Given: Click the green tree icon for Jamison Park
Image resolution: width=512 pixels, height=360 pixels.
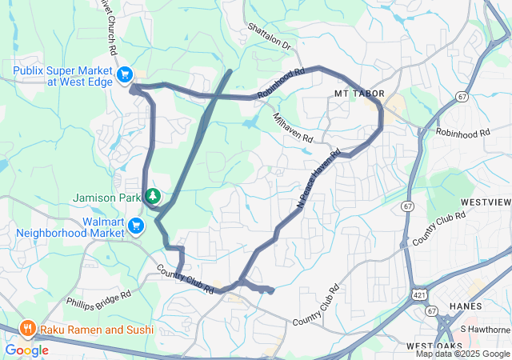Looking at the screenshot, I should tap(151, 195).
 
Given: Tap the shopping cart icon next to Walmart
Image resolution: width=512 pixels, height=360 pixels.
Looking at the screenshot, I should tap(137, 227).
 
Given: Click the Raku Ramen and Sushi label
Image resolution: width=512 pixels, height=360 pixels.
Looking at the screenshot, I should tap(91, 328).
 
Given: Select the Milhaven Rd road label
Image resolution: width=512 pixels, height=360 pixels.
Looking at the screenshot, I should tap(293, 128).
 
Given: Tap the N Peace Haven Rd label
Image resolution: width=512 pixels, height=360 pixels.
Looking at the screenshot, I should tap(318, 178).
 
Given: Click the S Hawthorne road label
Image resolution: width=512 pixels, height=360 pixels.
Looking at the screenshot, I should tap(485, 329).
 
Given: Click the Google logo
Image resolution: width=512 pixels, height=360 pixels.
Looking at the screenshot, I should tap(26, 350).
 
